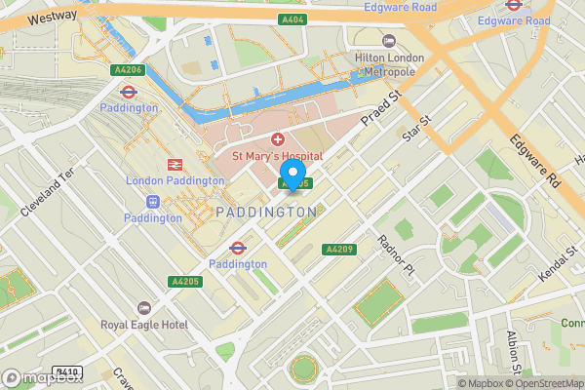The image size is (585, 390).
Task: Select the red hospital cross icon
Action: tap(277, 141)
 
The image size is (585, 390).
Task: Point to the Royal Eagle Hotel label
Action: tap(144, 326)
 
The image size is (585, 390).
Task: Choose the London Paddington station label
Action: tap(175, 180)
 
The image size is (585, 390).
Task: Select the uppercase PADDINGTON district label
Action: tap(266, 212)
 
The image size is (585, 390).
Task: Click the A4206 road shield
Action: tap(128, 69)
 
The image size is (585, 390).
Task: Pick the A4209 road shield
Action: tap(339, 249)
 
